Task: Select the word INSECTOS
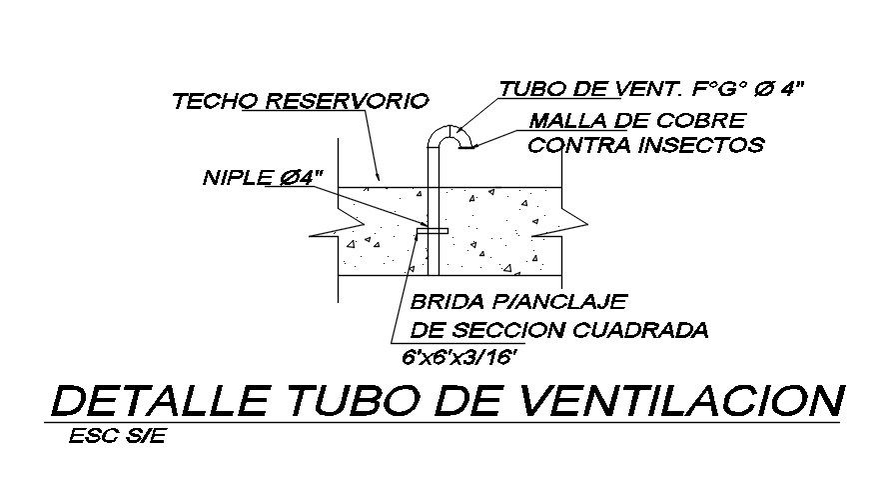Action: tap(696, 144)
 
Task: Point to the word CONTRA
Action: tap(574, 144)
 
